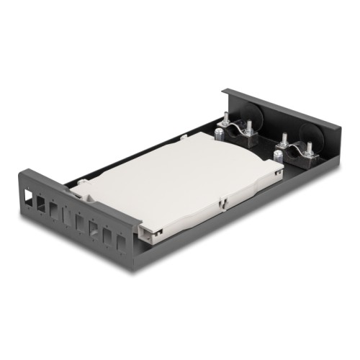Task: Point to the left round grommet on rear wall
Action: pyautogui.click(x=256, y=115)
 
